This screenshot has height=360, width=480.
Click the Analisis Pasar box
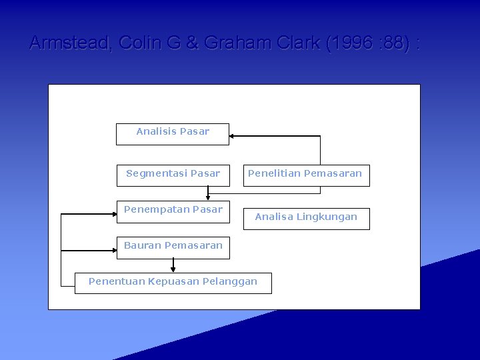[x=173, y=133]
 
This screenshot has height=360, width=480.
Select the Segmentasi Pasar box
[x=173, y=175]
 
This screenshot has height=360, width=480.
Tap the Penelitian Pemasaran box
[x=305, y=175]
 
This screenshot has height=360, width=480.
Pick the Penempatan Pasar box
[x=173, y=211]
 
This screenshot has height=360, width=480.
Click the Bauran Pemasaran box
[x=173, y=247]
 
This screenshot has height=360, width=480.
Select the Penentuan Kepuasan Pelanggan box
[x=173, y=283]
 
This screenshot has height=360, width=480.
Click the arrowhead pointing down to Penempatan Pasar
[x=208, y=197]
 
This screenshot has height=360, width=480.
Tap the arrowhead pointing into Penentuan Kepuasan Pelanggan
[x=173, y=269]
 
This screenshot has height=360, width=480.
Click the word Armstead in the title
[x=70, y=43]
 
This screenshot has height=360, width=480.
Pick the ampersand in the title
[x=193, y=43]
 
